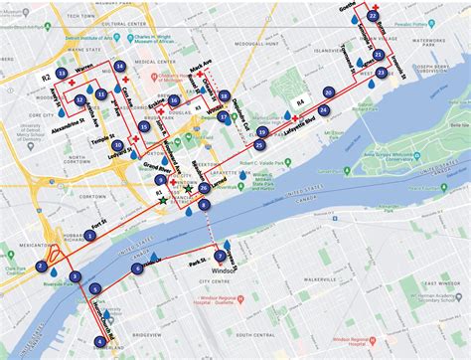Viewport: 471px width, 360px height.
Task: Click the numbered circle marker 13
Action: click(x=63, y=74)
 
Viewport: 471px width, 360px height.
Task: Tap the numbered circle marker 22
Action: click(x=372, y=16)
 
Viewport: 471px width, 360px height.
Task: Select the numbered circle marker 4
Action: click(x=99, y=342)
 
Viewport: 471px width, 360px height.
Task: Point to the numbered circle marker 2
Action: click(x=41, y=267)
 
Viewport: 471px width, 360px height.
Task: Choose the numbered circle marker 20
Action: click(x=327, y=92)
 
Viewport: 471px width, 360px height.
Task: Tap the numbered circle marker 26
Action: click(x=203, y=187)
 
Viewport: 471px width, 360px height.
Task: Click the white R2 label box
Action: click(x=45, y=75)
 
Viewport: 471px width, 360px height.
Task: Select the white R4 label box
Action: click(x=299, y=100)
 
